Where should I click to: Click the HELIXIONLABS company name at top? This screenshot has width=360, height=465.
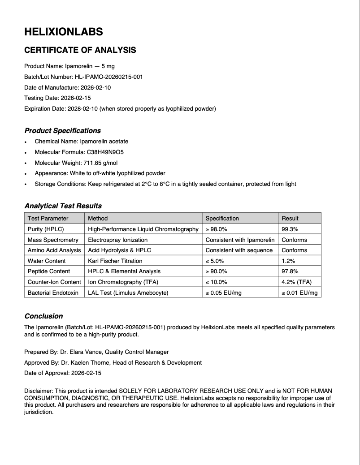pos(63,32)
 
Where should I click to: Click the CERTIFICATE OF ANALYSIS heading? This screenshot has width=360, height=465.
pos(80,50)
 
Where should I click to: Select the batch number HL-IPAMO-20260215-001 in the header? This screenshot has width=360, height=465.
pos(108,77)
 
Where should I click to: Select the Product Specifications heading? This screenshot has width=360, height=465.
pos(62,131)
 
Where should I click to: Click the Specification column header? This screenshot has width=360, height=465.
pos(222,218)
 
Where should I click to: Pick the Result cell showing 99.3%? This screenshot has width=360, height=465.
pos(290,229)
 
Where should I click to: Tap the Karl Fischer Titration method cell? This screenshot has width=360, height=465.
pos(115,261)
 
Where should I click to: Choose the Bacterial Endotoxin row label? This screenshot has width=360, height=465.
pos(53,293)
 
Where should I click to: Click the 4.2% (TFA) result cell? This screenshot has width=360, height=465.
pos(296,282)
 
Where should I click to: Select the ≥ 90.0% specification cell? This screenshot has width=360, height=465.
pos(216,271)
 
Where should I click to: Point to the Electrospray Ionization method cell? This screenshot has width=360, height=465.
pos(117,240)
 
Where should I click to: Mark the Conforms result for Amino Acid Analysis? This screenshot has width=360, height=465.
pos(294,250)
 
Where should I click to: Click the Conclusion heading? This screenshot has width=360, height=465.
pos(43,316)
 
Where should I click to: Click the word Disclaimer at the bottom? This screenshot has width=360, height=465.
pos(38,391)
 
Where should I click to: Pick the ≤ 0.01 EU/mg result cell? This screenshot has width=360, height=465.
pos(299,293)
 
